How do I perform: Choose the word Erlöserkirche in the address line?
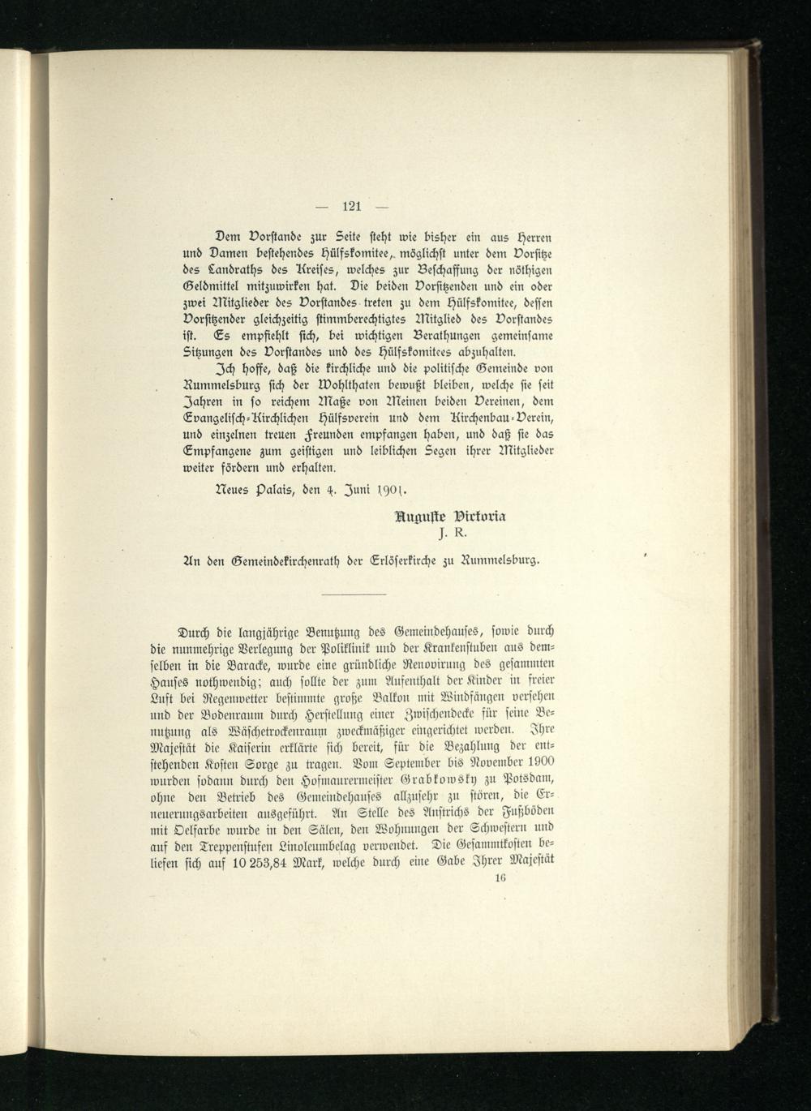382,559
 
